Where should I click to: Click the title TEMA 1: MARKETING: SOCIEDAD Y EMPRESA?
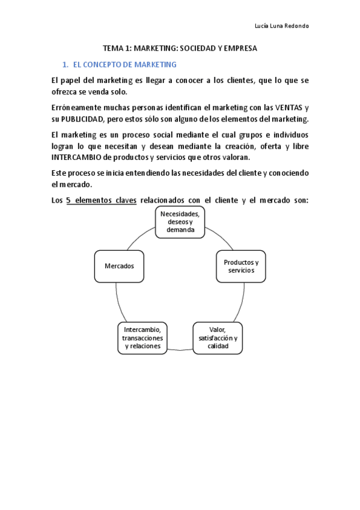pyautogui.click(x=180, y=49)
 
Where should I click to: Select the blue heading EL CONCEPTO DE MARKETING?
pyautogui.click(x=124, y=64)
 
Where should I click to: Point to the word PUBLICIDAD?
pyautogui.click(x=86, y=118)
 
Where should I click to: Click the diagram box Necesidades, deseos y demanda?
pyautogui.click(x=180, y=221)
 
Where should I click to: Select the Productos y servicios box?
pyautogui.click(x=240, y=266)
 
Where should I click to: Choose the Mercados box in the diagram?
pyautogui.click(x=119, y=266)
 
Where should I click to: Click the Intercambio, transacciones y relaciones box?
pyautogui.click(x=142, y=338)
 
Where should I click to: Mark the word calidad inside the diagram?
pyautogui.click(x=218, y=346)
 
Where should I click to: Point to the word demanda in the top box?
pyautogui.click(x=180, y=230)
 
